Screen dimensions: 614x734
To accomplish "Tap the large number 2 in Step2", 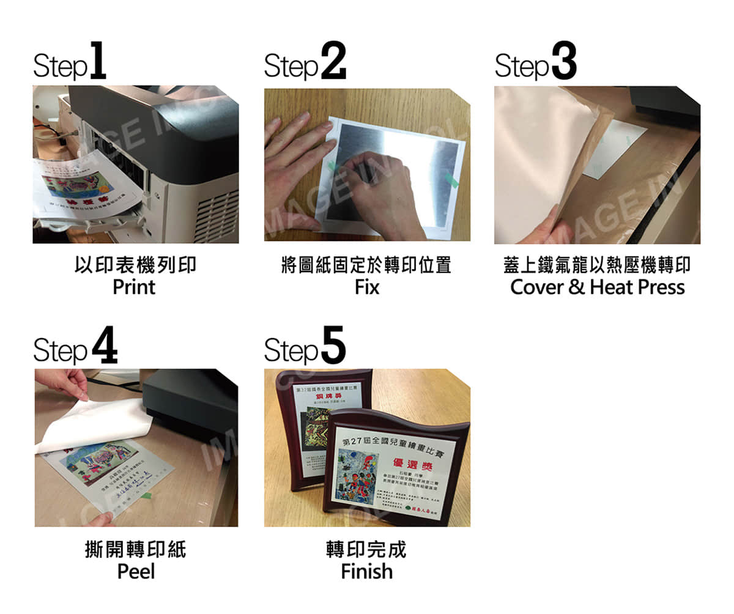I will pos(333,61).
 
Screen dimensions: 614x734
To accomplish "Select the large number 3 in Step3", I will pos(563,61).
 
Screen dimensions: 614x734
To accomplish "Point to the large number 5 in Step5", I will pos(333,346).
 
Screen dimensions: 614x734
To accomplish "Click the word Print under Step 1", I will pos(134,287).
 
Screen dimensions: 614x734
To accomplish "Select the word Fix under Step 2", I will pos(367,287).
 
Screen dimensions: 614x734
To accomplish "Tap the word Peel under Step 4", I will pos(136,571).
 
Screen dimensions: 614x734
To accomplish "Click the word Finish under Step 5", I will pos(367,571).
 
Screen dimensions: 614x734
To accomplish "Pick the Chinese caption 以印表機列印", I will pos(135,265).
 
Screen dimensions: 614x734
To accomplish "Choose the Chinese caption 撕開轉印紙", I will pos(135,549).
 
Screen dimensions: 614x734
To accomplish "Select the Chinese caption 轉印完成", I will pos(366,549).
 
